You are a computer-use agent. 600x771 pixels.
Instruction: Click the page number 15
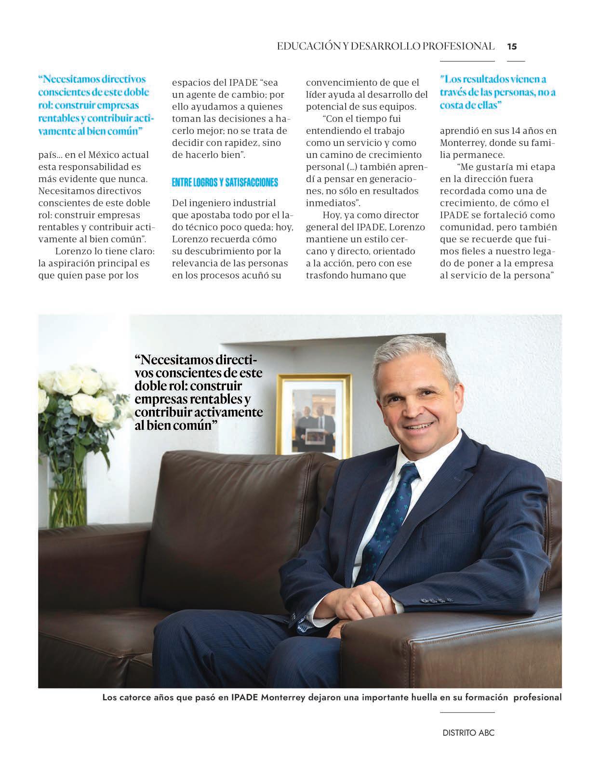click(512, 46)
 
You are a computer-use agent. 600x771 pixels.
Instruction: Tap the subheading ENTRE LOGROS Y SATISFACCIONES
click(225, 182)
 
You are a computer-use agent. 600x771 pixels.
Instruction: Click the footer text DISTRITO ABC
click(468, 733)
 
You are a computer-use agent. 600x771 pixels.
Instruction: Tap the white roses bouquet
click(80, 400)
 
